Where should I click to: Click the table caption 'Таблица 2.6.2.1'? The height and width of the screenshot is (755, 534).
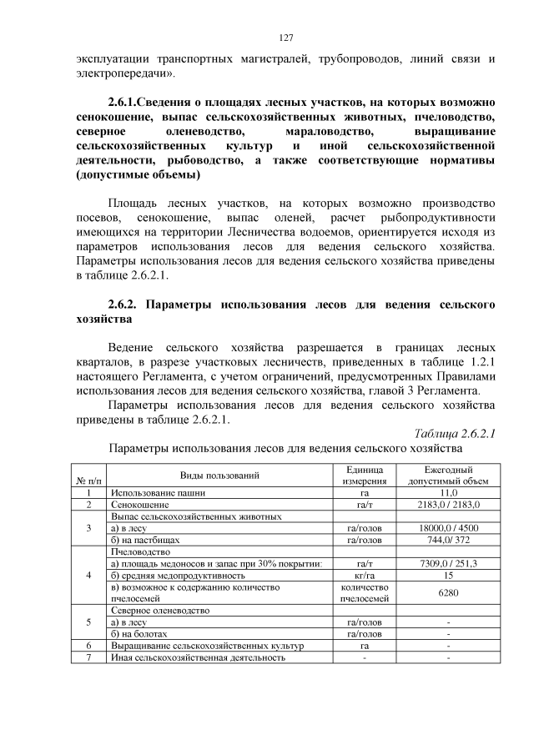pyautogui.click(x=455, y=433)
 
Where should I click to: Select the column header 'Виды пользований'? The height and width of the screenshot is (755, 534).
pyautogui.click(x=219, y=476)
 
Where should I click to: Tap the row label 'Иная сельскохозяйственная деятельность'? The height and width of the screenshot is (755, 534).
pyautogui.click(x=198, y=657)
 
